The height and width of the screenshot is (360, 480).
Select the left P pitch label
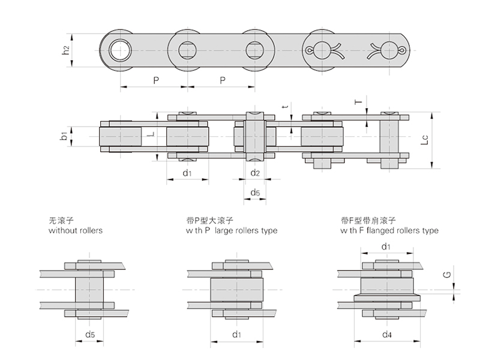pyautogui.click(x=155, y=80)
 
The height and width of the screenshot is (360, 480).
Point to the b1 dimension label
pyautogui.click(x=64, y=136)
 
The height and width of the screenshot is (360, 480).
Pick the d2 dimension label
pyautogui.click(x=255, y=173)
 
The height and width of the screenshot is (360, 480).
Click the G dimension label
pyautogui.click(x=446, y=275)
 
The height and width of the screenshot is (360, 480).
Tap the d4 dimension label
pyautogui.click(x=387, y=334)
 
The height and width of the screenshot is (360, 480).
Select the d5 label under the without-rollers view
pyautogui.click(x=90, y=334)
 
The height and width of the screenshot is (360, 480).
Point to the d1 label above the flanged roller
pyautogui.click(x=387, y=246)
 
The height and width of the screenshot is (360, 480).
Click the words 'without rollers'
pyautogui.click(x=75, y=230)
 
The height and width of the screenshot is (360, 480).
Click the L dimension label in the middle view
pyautogui.click(x=152, y=136)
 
